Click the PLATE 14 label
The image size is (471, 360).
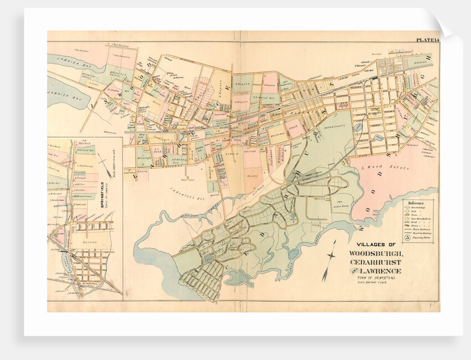click(426, 39)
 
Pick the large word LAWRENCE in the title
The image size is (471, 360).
click(385, 271)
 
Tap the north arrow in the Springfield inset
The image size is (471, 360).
click(103, 166)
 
